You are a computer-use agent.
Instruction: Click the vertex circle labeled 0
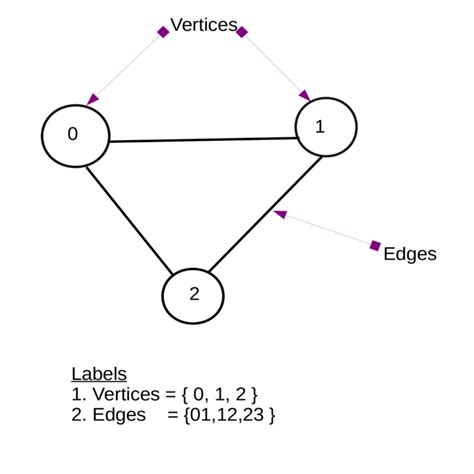pos(74,136)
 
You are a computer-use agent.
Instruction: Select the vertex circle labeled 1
pos(326,127)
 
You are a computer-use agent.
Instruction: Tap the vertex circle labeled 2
pos(193,294)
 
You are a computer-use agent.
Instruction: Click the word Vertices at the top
pos(204,25)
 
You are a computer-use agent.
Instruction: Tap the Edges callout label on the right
pos(410,254)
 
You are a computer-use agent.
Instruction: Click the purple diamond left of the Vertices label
pos(163,32)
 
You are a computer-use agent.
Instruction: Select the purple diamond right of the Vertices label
pos(242,31)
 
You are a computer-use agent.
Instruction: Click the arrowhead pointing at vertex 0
pos(93,99)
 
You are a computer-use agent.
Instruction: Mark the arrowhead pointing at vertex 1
pos(306,96)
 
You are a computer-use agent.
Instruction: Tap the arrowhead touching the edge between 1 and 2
pos(281,213)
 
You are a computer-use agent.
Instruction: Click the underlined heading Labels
pos(99,374)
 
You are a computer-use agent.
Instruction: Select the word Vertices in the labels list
pos(125,393)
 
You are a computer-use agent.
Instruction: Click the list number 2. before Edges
pos(79,412)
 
